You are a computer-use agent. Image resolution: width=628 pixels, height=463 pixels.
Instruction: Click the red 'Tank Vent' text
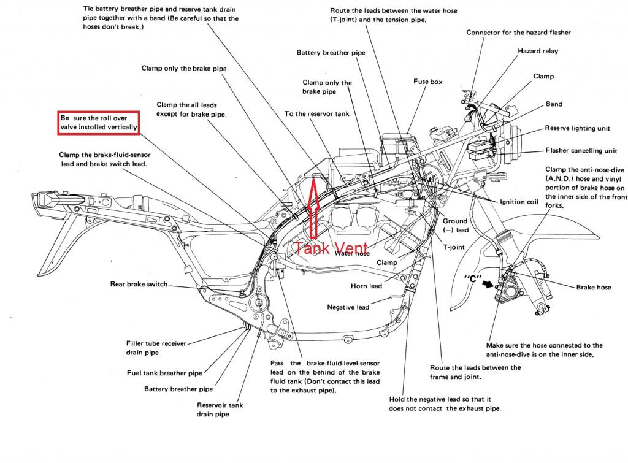tap(331, 248)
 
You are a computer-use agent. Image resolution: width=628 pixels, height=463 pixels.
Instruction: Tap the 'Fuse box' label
tap(428, 82)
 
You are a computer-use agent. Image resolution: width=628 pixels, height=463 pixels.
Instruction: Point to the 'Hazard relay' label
tap(538, 52)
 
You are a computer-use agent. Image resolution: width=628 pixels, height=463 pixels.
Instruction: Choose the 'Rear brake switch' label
tap(138, 284)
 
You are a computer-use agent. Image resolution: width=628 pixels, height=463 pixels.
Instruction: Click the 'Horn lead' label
tap(366, 286)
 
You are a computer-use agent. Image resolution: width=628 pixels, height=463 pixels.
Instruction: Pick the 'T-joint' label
tap(454, 248)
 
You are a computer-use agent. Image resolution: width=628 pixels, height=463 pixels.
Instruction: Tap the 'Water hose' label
tap(351, 253)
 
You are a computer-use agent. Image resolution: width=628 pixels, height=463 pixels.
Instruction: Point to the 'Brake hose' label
tap(594, 287)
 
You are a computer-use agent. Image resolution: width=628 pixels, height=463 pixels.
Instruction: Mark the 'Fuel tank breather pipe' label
tap(164, 372)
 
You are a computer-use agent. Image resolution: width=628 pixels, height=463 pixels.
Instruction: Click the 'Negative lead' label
tap(348, 307)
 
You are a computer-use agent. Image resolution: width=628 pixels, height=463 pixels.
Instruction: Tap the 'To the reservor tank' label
tap(314, 114)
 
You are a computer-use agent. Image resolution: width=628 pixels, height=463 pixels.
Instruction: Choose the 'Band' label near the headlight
tap(554, 104)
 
